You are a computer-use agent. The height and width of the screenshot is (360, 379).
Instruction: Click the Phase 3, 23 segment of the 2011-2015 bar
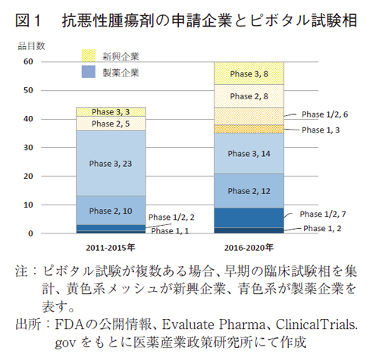point(111,162)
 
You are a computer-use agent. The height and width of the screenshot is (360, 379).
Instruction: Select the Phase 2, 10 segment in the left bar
point(111,210)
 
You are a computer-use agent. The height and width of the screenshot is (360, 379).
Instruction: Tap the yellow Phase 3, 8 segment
point(249,74)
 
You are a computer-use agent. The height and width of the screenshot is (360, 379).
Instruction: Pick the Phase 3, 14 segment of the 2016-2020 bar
point(249,153)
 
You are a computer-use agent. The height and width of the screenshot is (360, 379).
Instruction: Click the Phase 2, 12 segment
point(249,191)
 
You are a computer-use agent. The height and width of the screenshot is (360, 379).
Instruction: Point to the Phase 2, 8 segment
point(249,96)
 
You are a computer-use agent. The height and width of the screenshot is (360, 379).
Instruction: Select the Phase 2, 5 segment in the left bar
point(111,123)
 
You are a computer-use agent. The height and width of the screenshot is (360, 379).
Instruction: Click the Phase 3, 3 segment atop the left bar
point(111,111)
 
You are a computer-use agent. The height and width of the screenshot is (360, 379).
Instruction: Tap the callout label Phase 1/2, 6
point(325,114)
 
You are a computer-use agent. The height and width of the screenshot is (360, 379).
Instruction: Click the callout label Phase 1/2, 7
point(326,214)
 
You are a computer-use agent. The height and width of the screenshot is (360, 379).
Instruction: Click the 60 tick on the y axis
point(27,61)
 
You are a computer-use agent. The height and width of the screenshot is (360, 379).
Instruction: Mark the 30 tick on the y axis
point(27,148)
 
